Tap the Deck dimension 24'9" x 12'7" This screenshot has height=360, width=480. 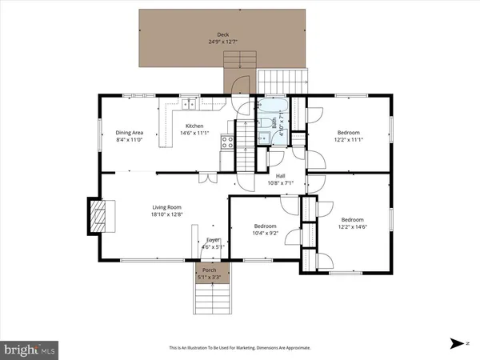tap(222, 42)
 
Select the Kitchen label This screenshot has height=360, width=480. tap(194, 126)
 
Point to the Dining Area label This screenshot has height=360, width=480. tap(129, 133)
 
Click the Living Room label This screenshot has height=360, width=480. tap(168, 208)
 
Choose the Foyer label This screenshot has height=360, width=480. tap(213, 240)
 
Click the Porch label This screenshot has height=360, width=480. tap(209, 270)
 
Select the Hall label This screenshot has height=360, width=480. tap(281, 176)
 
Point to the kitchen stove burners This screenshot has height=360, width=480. tap(227, 142)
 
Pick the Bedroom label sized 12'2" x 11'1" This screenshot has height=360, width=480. tap(348, 133)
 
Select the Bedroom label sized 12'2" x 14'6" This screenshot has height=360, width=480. tap(352, 219)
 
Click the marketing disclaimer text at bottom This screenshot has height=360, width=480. tap(240, 348)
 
